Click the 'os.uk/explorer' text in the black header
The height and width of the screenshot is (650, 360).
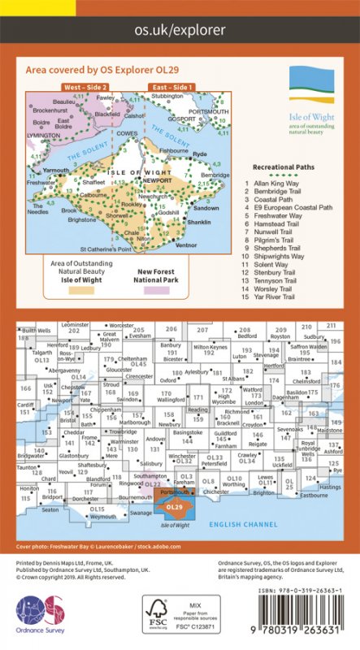click(x=180, y=29)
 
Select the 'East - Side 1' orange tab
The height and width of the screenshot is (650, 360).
click(x=171, y=85)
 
